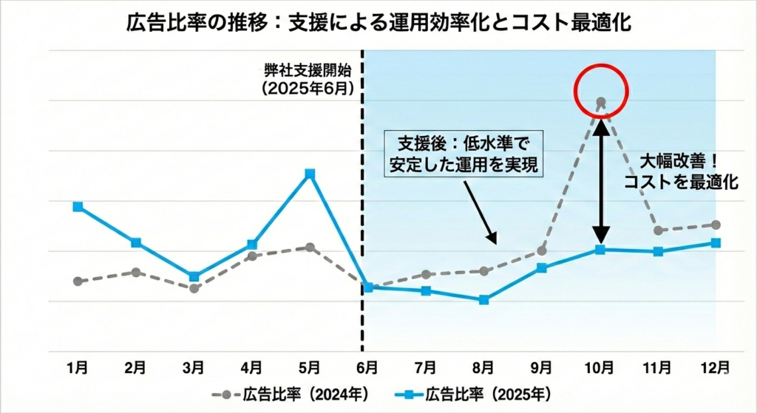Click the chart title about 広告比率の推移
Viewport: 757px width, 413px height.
click(x=378, y=23)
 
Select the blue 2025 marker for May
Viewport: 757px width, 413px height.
click(x=310, y=174)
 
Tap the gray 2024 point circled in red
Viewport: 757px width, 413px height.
click(x=601, y=101)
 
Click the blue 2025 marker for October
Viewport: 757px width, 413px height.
click(x=601, y=250)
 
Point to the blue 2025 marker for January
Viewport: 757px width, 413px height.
click(x=78, y=207)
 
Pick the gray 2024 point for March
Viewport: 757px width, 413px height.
click(x=194, y=288)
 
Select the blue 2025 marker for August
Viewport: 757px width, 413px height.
click(x=484, y=300)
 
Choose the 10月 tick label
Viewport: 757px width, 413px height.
click(x=600, y=367)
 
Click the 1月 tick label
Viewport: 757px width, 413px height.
click(x=78, y=367)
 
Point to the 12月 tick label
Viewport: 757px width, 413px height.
click(x=716, y=367)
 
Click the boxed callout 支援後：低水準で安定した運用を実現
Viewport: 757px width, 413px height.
click(x=464, y=154)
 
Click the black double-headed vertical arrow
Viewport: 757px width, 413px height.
click(x=601, y=177)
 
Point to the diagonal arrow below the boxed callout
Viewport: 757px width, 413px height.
click(x=481, y=214)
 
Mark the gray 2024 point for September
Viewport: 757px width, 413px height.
click(x=542, y=250)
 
